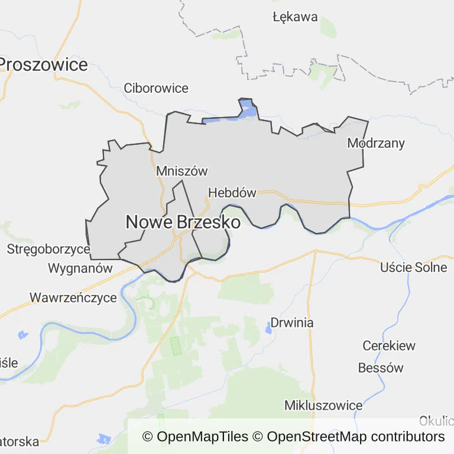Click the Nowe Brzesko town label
click(183, 222)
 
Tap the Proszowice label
click(44, 64)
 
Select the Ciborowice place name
click(156, 88)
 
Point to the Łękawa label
click(296, 17)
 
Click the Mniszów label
click(182, 171)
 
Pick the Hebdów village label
click(232, 193)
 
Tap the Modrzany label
click(376, 142)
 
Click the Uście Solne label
click(414, 267)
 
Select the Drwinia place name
click(292, 323)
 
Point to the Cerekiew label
click(389, 346)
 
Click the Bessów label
click(381, 368)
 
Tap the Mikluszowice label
click(323, 406)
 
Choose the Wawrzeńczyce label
click(73, 297)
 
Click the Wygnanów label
click(80, 268)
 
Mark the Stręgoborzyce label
click(48, 249)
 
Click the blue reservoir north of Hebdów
click(249, 110)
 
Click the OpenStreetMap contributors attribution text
click(355, 437)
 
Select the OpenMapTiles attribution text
click(196, 437)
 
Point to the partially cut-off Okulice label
click(436, 421)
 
